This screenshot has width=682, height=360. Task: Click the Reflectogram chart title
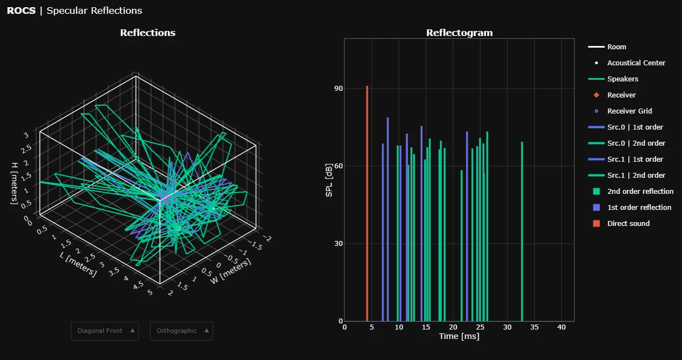(x=459, y=33)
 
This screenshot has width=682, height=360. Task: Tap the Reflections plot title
(x=148, y=33)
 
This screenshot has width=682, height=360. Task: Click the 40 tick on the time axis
(x=561, y=327)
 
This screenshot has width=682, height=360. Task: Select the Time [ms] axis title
(x=459, y=336)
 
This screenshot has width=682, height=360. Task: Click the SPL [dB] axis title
(x=329, y=180)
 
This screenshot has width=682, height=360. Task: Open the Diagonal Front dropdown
(x=105, y=331)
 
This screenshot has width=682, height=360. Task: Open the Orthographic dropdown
(x=182, y=331)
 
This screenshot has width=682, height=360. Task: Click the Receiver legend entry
(x=621, y=95)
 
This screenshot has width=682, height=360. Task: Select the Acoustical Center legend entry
(x=636, y=63)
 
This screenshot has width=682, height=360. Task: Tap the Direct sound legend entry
(x=628, y=224)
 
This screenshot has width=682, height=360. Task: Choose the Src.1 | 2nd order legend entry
(x=636, y=176)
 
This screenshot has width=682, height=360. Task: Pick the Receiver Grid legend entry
(x=629, y=111)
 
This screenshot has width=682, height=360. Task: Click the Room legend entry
(x=617, y=47)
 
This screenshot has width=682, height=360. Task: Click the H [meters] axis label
(x=15, y=183)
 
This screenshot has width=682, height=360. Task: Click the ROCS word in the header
(x=21, y=11)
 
